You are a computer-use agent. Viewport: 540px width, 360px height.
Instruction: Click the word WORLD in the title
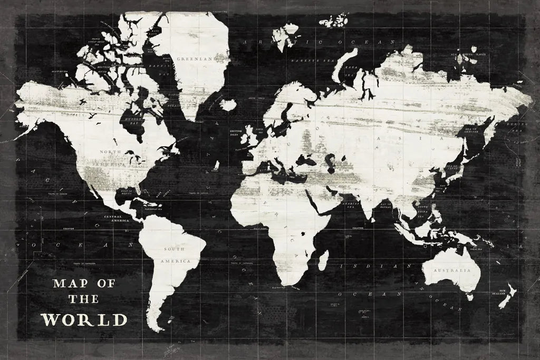click(x=84, y=319)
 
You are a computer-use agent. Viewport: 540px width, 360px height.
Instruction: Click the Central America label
click(x=116, y=219)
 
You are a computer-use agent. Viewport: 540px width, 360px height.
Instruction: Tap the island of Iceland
click(x=228, y=105)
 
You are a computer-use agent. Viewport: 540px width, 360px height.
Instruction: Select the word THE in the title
click(x=83, y=299)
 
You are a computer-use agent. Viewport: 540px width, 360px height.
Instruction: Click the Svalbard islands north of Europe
click(x=333, y=21)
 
